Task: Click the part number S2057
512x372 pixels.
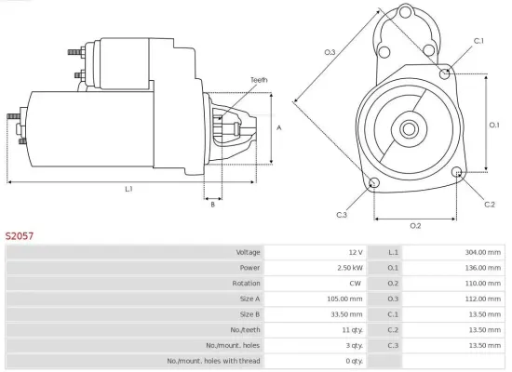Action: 20,237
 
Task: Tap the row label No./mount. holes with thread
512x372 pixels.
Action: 213,360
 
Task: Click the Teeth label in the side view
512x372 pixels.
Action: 258,81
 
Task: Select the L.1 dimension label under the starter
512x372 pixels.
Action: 128,189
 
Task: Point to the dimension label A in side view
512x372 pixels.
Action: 280,127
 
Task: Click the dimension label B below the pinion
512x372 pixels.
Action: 212,205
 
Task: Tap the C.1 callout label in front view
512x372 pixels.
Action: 478,41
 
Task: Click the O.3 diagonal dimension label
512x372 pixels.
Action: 330,52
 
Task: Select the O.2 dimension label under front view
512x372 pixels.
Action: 415,226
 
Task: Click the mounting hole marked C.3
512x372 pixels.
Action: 374,182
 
